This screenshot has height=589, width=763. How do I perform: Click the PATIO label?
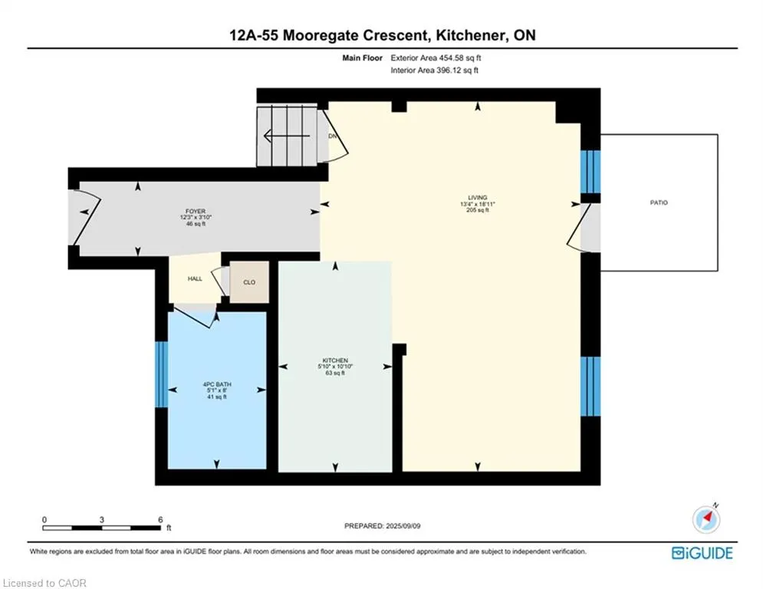[x=659, y=202]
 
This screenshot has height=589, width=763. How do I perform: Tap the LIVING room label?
[x=478, y=198]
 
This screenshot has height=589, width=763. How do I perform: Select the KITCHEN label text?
[x=335, y=360]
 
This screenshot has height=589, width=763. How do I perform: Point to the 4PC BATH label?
[x=217, y=384]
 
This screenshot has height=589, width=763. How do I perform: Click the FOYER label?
[x=196, y=211]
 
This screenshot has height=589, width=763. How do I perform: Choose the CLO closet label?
[x=249, y=282]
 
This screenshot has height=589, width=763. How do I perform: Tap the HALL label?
[x=195, y=279]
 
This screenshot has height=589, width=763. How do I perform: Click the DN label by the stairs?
[x=332, y=137]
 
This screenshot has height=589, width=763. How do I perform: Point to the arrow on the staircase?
[x=287, y=135]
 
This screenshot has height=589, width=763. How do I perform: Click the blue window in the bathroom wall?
[x=161, y=374]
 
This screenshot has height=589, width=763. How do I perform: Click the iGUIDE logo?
[x=702, y=553]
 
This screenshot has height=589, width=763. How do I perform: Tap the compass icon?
[x=706, y=519]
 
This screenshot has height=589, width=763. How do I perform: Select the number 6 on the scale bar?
[x=160, y=519]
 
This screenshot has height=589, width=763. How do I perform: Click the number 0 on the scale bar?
[x=44, y=519]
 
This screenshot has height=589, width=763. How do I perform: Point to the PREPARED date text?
[x=383, y=525]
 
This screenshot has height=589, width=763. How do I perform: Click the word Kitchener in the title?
[x=469, y=35]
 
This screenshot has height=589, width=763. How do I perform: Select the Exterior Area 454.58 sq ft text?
[x=436, y=58]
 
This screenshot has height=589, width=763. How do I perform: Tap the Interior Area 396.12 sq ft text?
[x=435, y=70]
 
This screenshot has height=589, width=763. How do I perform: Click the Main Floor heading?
[x=362, y=58]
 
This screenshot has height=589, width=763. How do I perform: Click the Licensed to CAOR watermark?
[x=44, y=583]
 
